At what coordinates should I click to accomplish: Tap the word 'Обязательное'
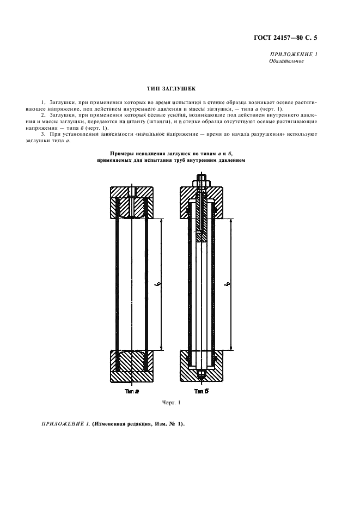286,61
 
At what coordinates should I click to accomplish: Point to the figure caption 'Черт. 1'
170,403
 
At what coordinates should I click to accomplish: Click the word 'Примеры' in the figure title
123,155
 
